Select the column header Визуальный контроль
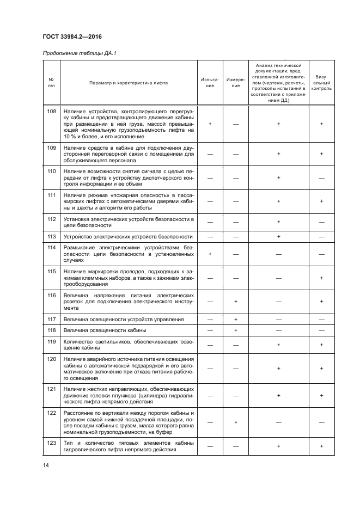click(x=321, y=83)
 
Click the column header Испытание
click(x=210, y=83)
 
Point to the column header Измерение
click(x=235, y=83)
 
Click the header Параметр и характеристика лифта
click(x=129, y=83)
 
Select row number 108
click(x=52, y=111)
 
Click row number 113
click(x=52, y=237)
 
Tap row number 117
click(x=52, y=319)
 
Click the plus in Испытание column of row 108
click(x=210, y=124)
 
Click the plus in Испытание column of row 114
click(x=210, y=254)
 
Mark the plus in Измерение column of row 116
click(x=235, y=301)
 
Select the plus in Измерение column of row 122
click(x=235, y=422)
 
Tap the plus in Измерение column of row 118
click(x=235, y=330)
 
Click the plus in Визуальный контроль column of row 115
click(x=321, y=278)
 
